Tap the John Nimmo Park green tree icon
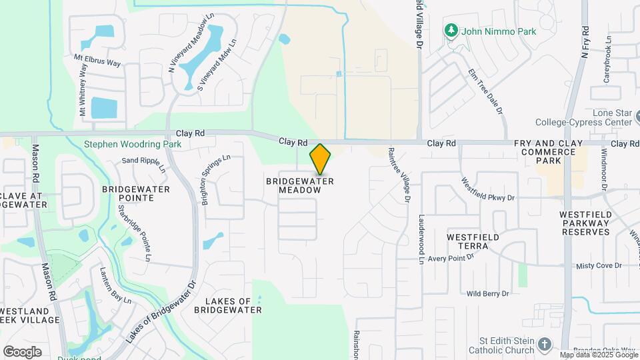tap(452, 31)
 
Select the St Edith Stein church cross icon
tap(545, 345)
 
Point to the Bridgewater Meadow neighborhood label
tap(299, 185)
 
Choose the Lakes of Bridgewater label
tap(228, 305)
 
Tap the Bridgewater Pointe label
tap(135, 193)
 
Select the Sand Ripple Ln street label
tap(143, 161)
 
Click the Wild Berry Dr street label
tap(487, 293)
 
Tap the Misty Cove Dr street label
tap(598, 265)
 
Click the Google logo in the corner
tap(22, 351)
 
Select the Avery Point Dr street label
tap(451, 258)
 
